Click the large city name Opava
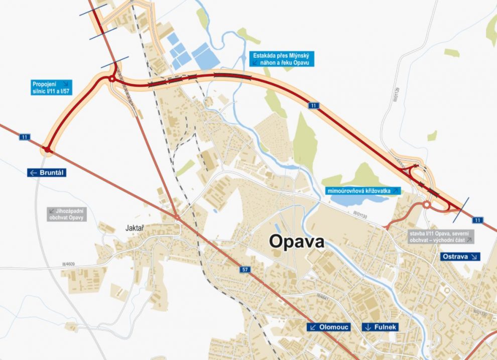coord(297,241)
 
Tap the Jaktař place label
coord(134,228)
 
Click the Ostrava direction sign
coord(460,257)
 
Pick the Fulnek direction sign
coord(380,327)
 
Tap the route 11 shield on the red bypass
coord(314,105)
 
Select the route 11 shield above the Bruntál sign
coord(25,137)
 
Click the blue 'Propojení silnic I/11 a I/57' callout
coord(51,87)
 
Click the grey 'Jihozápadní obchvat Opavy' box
coord(67,214)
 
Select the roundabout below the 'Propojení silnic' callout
coord(111,79)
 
